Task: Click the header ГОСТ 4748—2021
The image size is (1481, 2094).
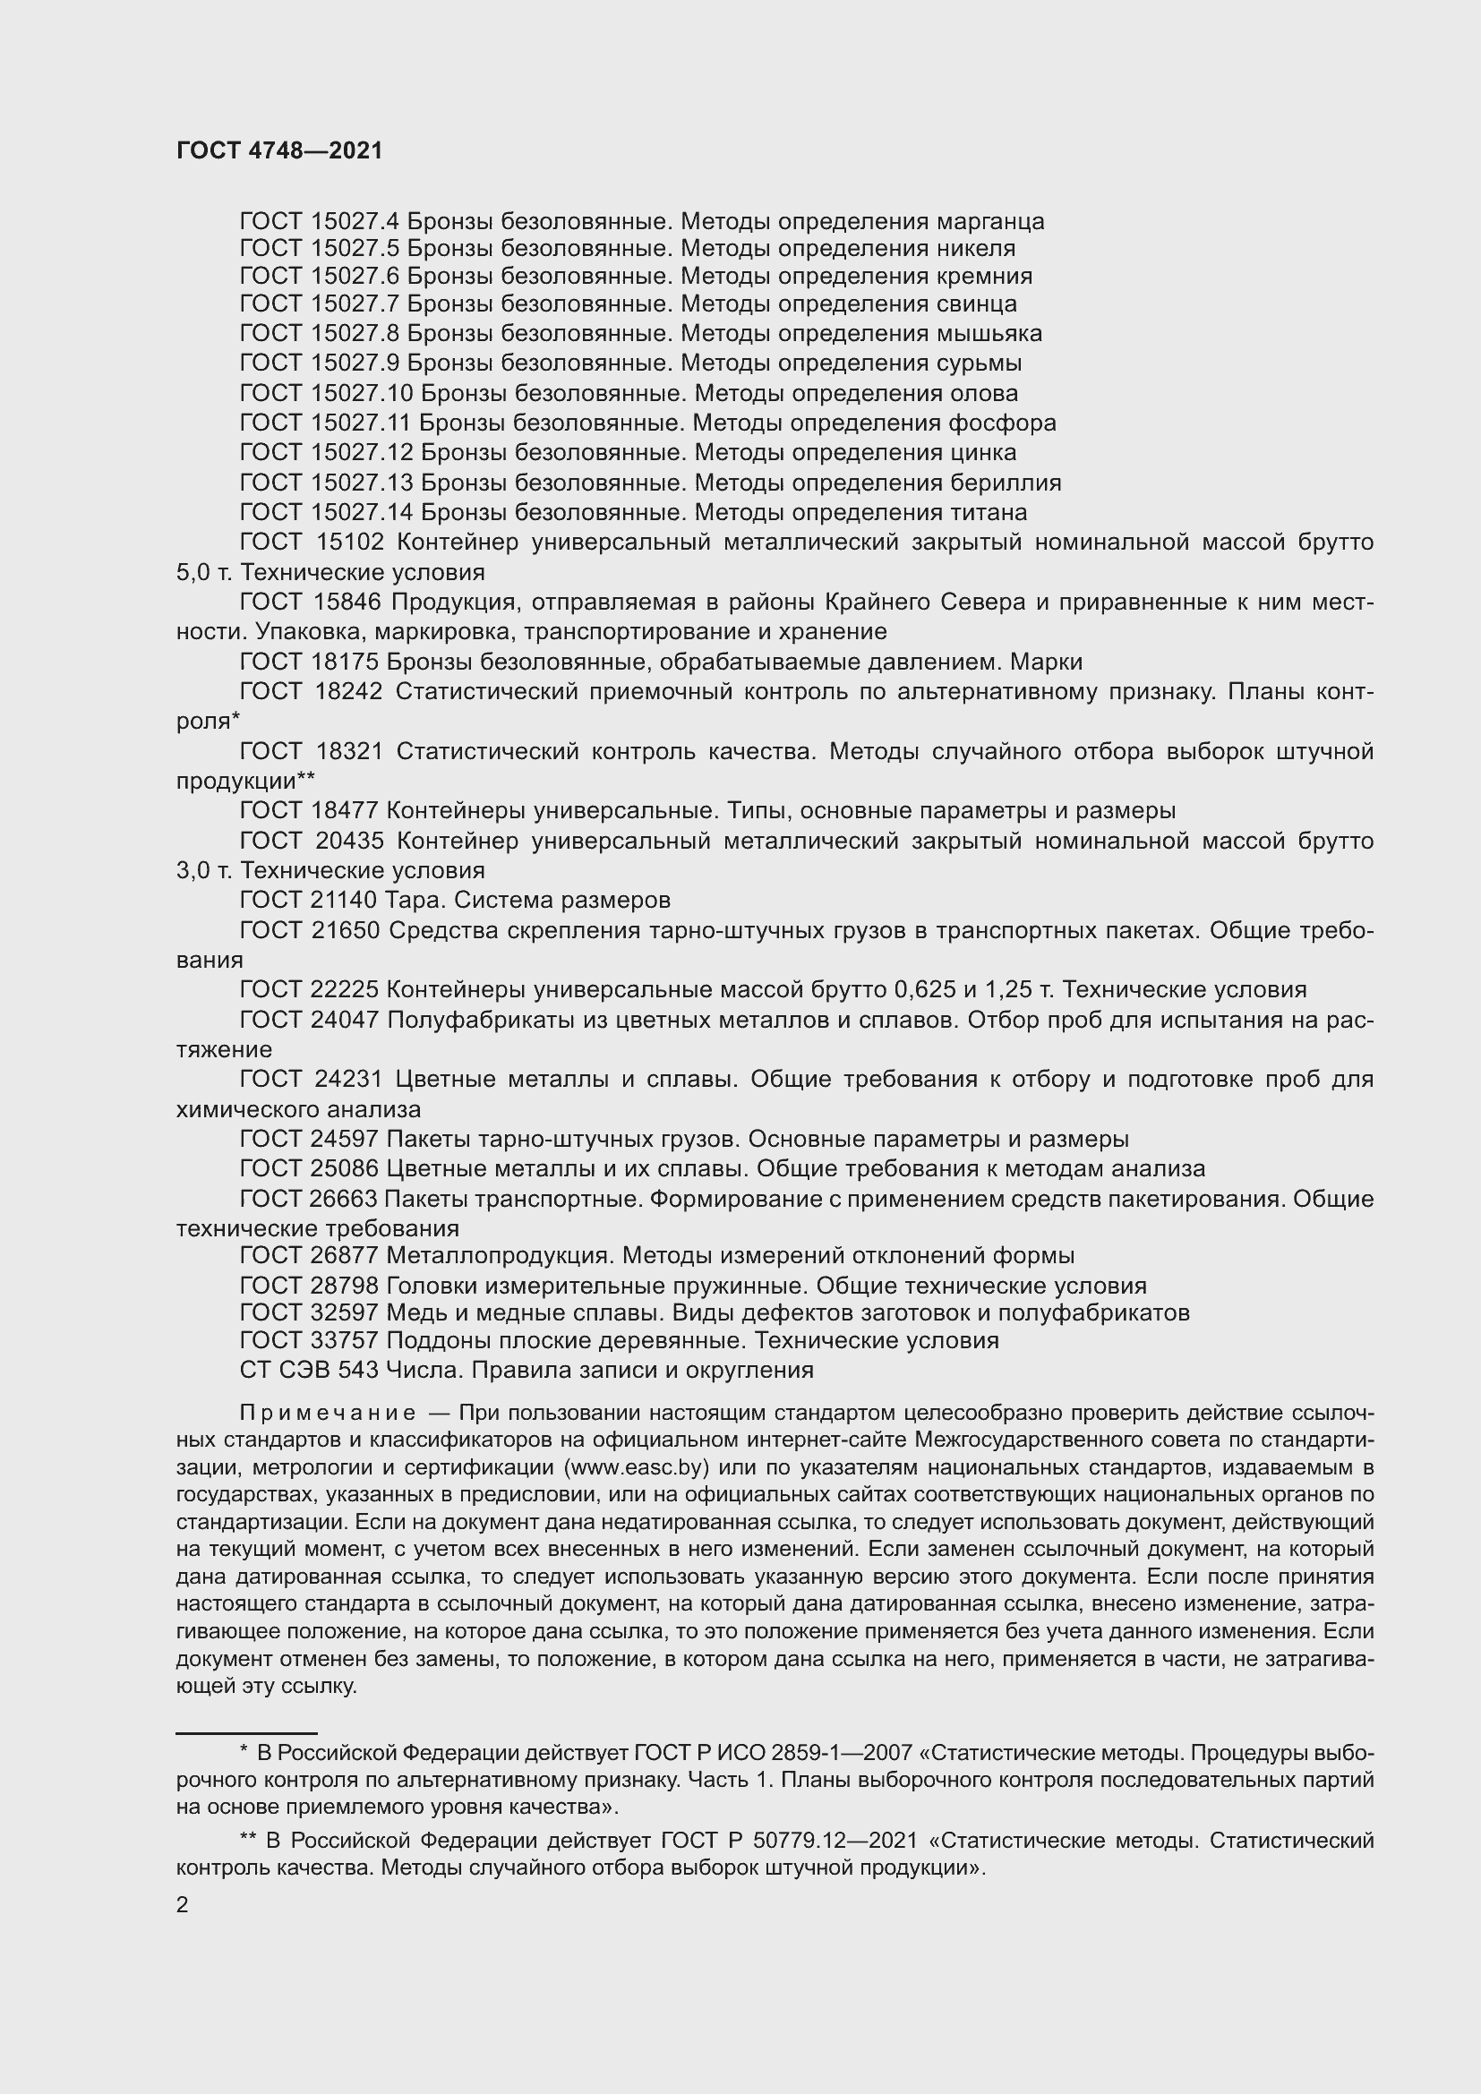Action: click(279, 150)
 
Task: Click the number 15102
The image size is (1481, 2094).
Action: click(349, 543)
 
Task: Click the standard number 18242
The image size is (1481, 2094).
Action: click(349, 692)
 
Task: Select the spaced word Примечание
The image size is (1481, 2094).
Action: click(328, 1414)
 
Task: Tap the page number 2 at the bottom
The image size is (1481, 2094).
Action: click(183, 1905)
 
